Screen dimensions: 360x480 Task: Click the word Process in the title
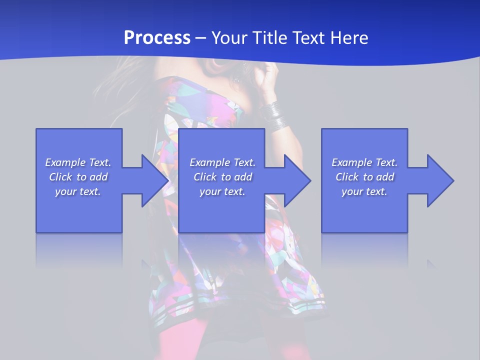click(157, 38)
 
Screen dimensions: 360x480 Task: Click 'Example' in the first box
click(65, 162)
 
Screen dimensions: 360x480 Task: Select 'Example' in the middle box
click(209, 162)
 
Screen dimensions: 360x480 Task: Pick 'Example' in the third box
click(351, 162)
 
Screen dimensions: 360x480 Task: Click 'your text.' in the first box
click(78, 191)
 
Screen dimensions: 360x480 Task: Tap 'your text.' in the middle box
click(222, 191)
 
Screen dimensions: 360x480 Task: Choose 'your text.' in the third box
click(364, 191)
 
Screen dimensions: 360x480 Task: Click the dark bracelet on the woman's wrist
click(274, 115)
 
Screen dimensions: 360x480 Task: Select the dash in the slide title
click(201, 38)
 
